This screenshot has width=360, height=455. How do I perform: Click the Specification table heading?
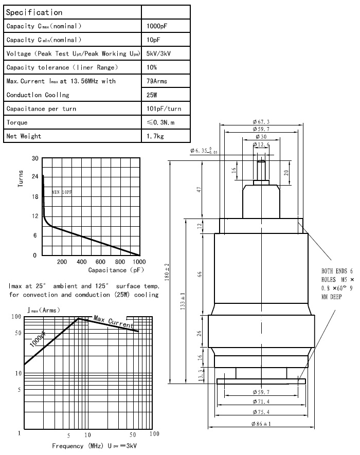(x=34, y=12)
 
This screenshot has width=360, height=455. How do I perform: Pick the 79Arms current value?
(x=157, y=81)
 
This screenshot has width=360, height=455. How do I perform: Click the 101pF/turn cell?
(x=164, y=109)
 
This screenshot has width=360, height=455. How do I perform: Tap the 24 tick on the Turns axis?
(x=35, y=177)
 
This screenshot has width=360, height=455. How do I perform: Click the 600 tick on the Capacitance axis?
(x=101, y=262)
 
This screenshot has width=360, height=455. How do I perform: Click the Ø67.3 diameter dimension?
(x=262, y=121)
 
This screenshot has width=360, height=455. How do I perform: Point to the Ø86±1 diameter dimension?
(x=261, y=424)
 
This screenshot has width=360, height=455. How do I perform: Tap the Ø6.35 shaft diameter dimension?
(x=203, y=151)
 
